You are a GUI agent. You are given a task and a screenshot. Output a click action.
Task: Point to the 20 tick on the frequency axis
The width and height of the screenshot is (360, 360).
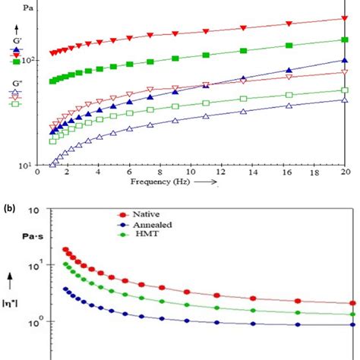tap(346, 173)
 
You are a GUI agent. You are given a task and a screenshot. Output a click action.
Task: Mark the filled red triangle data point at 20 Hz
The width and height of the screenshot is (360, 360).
tap(346, 19)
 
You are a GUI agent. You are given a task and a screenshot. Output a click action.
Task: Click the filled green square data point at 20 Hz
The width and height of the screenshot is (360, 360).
tap(346, 40)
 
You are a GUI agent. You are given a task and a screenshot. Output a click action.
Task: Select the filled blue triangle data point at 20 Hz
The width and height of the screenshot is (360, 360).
tap(346, 60)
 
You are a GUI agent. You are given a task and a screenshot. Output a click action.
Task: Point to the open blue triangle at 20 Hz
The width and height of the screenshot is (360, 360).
tap(346, 100)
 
